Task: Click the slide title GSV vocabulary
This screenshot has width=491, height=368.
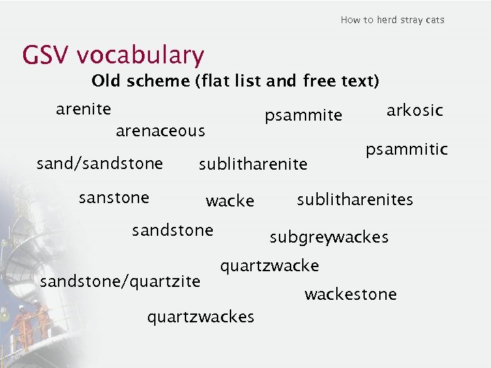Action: point(113,55)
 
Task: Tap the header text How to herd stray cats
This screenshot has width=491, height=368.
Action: point(392,20)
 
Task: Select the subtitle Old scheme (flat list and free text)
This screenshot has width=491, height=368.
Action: point(235,81)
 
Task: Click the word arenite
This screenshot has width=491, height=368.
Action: point(84,109)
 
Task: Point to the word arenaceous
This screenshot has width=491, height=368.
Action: point(160,130)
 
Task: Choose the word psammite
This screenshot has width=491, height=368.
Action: point(303,116)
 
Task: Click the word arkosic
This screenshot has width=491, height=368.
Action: point(415,110)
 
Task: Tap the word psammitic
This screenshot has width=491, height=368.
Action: point(406,149)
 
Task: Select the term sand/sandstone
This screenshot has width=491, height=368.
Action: point(100,164)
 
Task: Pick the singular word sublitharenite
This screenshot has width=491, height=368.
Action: point(253,164)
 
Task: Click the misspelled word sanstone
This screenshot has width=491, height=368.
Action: point(114,198)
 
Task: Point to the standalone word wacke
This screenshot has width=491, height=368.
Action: point(230,201)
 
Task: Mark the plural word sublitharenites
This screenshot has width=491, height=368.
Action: point(355,200)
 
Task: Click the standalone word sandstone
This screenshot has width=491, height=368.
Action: point(173,230)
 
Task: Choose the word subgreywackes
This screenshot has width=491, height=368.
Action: point(329,237)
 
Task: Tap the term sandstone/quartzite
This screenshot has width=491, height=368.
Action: point(121,281)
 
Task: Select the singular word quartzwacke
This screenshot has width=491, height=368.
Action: point(269,265)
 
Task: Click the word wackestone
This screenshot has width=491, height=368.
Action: point(350,294)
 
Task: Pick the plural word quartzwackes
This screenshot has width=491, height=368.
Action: point(200,316)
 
